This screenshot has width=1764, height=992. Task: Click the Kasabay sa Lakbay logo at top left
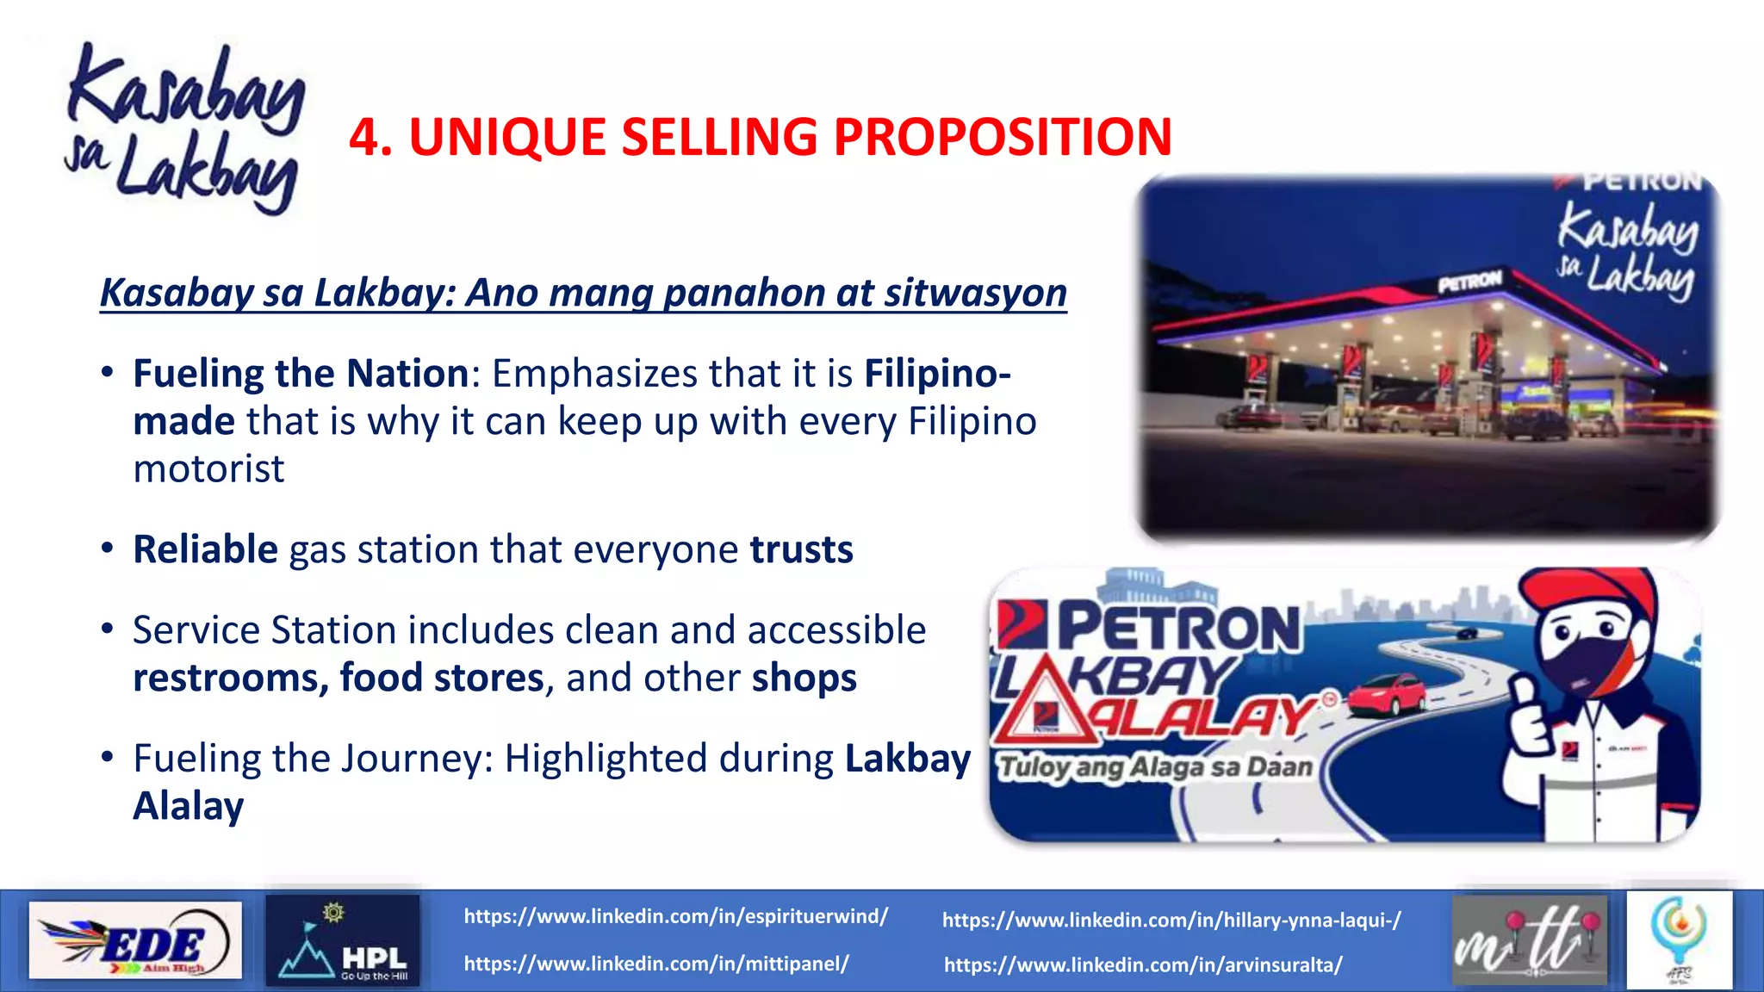click(185, 129)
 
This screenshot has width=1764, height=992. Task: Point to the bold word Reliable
click(205, 549)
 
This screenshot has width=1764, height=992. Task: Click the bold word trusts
click(801, 549)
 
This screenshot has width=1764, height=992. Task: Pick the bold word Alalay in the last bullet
click(189, 806)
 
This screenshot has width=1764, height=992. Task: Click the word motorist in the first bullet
click(208, 469)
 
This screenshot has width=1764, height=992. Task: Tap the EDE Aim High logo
click(135, 940)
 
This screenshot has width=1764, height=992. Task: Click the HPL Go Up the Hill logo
click(343, 940)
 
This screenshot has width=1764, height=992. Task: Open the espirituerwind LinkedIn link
click(675, 916)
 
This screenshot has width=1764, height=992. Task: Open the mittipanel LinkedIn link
click(656, 964)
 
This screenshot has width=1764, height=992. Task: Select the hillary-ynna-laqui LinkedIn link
click(1171, 921)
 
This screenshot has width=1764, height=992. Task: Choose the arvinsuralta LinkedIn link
click(1142, 965)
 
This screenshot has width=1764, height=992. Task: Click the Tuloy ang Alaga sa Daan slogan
click(1155, 767)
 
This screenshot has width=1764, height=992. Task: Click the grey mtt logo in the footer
click(1529, 940)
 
